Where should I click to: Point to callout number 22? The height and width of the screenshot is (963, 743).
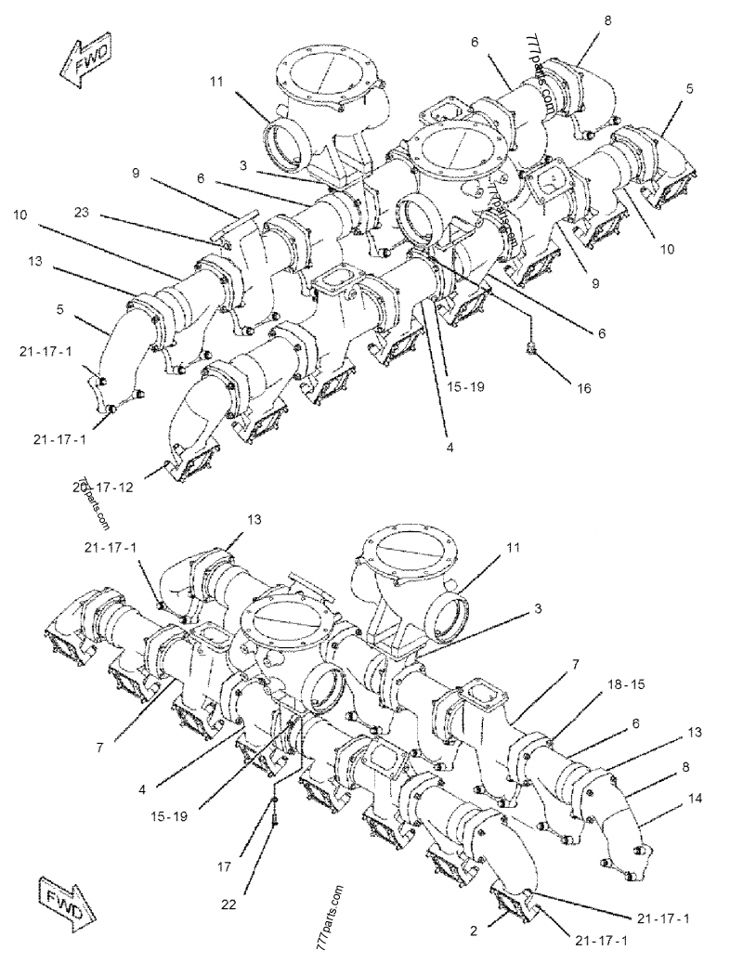click(x=228, y=903)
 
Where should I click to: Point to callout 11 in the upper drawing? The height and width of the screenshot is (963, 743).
click(x=215, y=82)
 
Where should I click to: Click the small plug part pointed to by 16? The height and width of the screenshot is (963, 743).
click(x=532, y=347)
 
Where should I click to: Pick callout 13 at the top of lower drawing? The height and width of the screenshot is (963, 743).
click(x=254, y=517)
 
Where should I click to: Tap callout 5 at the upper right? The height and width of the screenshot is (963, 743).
click(x=690, y=89)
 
